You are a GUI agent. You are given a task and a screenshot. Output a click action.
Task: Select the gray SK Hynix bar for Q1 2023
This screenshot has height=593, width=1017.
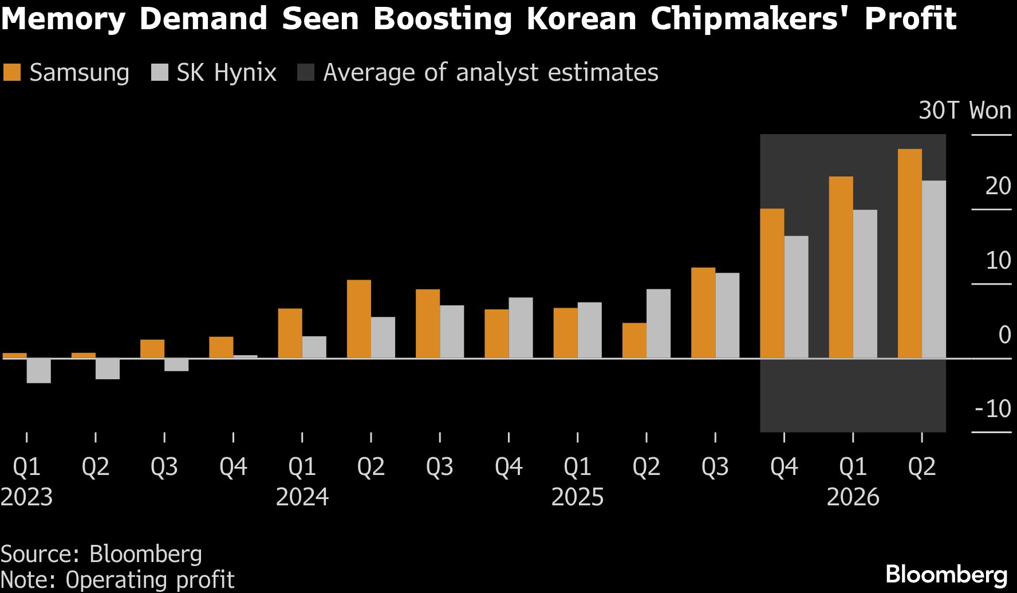pos(38,371)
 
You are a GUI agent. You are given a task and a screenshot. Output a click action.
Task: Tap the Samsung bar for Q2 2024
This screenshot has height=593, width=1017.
pos(358,319)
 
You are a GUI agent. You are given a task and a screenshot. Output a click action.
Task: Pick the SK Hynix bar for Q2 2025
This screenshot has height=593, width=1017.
pos(658,324)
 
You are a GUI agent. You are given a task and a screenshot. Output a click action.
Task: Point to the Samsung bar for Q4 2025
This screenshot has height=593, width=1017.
pos(772,284)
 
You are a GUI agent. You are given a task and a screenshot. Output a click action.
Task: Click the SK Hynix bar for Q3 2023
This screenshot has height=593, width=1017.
pos(176,365)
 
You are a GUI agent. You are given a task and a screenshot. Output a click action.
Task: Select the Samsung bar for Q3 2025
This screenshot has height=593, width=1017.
pos(703,313)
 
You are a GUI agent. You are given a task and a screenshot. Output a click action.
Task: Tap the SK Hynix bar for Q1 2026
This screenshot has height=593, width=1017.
pos(865,284)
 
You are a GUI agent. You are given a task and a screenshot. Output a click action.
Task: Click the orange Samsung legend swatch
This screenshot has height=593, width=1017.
pos(12,73)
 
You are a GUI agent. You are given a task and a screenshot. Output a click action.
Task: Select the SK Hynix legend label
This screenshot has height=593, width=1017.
pos(226,73)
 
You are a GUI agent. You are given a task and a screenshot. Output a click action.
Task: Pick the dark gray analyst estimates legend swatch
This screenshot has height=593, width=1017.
pos(306,73)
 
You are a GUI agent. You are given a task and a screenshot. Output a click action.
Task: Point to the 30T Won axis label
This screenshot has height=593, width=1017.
pos(964,110)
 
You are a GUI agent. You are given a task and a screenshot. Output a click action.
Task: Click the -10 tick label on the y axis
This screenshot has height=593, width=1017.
pos(992,409)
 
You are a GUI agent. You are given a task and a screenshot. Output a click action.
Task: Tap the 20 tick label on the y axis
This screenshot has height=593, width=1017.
pos(998,186)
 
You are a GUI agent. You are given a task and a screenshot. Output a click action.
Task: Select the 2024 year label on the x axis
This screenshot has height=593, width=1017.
pos(302,497)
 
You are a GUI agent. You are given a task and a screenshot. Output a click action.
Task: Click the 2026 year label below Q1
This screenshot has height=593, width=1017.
pos(853,497)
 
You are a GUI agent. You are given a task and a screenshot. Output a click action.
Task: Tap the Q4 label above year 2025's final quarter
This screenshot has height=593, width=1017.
pos(784,467)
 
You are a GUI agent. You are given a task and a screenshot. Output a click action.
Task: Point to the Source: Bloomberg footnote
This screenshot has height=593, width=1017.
pos(101,554)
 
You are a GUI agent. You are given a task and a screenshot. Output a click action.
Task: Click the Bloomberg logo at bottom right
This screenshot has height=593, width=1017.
pos(946,574)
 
